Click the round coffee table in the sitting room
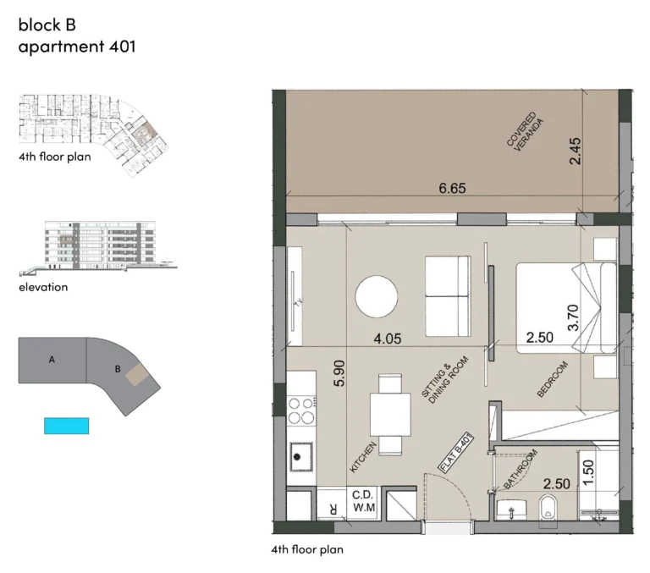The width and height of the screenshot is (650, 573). (x=377, y=297)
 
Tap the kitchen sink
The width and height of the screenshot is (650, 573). (x=301, y=456)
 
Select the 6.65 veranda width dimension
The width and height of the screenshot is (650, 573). (x=452, y=188)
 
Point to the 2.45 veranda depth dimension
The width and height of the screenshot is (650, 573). (x=575, y=152)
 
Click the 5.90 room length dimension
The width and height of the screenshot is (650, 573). (x=339, y=373)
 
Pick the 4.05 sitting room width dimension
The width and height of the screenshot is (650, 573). (x=388, y=339)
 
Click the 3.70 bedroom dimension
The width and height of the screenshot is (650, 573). (x=573, y=317)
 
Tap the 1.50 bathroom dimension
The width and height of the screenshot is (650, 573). (x=588, y=472)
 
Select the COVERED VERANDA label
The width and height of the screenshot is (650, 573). (x=525, y=132)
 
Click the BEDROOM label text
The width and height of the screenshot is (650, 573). (x=552, y=379)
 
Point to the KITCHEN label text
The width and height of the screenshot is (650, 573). (x=363, y=457)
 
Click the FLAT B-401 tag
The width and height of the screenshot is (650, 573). (x=456, y=452)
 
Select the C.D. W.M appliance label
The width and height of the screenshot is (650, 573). (x=364, y=501)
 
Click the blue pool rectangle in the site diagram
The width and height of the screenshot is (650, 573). (x=67, y=426)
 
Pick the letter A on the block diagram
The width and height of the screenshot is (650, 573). (x=52, y=360)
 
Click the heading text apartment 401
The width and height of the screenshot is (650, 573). (x=77, y=46)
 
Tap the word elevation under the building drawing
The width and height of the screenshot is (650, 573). (x=43, y=287)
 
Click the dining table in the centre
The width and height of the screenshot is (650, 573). (x=390, y=415)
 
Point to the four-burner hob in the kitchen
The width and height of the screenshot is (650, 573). (x=301, y=410)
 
